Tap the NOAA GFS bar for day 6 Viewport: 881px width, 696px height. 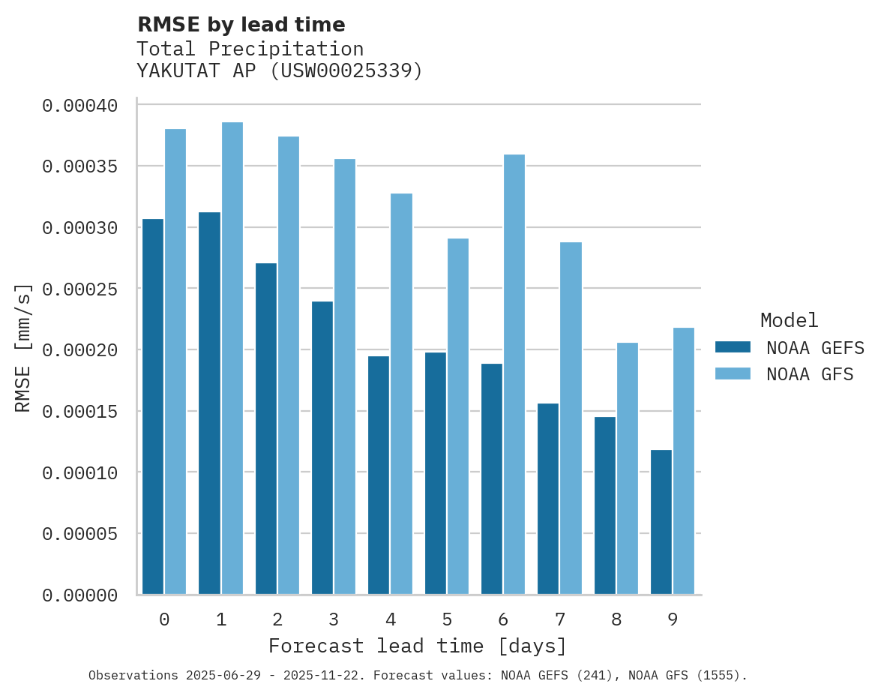514,374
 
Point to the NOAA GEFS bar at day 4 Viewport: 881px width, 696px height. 379,475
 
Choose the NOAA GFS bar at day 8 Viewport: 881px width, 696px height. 627,469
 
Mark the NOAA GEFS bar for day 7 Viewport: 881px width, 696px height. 548,499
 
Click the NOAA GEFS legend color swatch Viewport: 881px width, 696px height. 733,346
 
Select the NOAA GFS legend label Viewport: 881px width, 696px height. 810,374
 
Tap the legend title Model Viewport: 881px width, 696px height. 789,320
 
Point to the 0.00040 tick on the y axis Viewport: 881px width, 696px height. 79,106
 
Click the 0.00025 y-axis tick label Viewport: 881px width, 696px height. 79,289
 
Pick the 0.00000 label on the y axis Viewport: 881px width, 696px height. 79,595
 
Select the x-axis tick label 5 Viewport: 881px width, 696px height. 447,619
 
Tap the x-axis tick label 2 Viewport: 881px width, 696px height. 277,619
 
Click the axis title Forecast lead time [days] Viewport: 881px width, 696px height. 418,646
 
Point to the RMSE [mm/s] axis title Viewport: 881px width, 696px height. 23,348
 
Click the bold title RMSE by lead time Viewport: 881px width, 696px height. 241,25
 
